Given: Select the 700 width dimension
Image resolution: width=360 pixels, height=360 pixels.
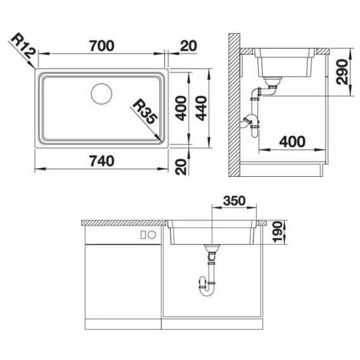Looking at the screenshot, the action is (x=101, y=46).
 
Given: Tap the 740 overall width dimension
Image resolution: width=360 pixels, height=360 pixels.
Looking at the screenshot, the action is (x=101, y=161).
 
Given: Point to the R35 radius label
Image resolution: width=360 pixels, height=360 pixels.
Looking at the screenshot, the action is (x=145, y=112).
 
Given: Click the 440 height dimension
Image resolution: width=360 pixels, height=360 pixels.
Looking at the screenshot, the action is (x=202, y=108).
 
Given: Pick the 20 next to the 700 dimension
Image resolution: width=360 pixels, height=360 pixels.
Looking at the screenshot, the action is (x=188, y=46).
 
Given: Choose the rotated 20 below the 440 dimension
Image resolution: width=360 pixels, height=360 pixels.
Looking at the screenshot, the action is (x=181, y=167).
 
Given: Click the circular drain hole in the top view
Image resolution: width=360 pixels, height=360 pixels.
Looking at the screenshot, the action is (x=101, y=94).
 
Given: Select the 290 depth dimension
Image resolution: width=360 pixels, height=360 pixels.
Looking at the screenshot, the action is (x=342, y=72).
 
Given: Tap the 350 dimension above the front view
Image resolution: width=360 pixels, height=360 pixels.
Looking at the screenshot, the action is (x=235, y=201).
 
